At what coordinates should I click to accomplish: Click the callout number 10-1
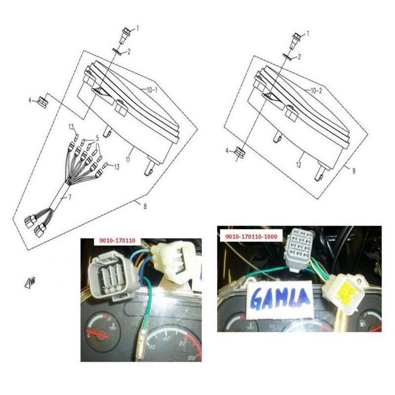tap(152, 90)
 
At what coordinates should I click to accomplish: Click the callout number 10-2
tap(316, 90)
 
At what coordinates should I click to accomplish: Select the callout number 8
tap(145, 206)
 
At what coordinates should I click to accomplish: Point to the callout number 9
tap(354, 171)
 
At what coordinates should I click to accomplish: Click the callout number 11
tap(128, 159)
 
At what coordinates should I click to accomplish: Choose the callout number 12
tap(299, 165)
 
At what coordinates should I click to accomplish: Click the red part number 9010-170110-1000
tap(251, 237)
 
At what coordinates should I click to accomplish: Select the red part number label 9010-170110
tap(117, 240)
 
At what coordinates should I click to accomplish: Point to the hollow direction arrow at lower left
tap(30, 282)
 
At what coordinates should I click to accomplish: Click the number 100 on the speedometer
tap(192, 357)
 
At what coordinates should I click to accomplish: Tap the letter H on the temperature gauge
tap(109, 319)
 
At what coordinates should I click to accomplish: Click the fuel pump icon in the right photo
tap(362, 323)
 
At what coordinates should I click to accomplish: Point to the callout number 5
tap(97, 138)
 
